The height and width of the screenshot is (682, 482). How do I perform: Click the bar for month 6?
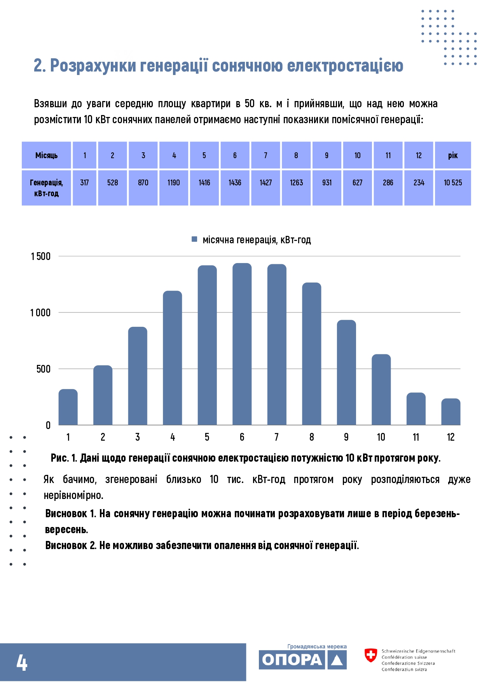pos(242,344)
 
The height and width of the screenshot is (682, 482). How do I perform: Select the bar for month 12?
pos(451,412)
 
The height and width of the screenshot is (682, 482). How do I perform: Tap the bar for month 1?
pos(68,407)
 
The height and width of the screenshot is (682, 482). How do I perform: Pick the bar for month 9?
pos(346,372)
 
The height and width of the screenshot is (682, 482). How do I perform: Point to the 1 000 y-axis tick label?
pos(40,312)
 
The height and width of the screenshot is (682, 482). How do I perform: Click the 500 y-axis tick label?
pos(44,369)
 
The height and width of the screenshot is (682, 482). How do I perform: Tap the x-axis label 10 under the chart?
pos(381,437)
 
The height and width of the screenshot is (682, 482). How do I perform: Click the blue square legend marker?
pos(194,239)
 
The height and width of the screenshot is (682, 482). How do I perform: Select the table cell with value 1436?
pos(235,188)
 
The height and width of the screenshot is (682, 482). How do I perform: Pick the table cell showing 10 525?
pos(453,188)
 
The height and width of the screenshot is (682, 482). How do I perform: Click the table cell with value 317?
pos(84,188)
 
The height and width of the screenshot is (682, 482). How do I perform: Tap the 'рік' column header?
pos(453,155)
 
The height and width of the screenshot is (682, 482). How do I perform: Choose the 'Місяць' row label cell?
pos(46,155)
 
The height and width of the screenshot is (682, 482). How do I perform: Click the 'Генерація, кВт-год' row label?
pos(46,188)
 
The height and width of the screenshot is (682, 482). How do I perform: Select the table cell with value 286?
pos(388,188)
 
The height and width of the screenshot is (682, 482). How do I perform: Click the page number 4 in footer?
pos(22,663)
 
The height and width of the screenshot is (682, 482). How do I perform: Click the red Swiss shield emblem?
pos(371,655)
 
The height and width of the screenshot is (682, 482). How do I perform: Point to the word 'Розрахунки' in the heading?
pos(93,66)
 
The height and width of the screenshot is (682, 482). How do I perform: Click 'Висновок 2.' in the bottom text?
pos(71,545)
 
